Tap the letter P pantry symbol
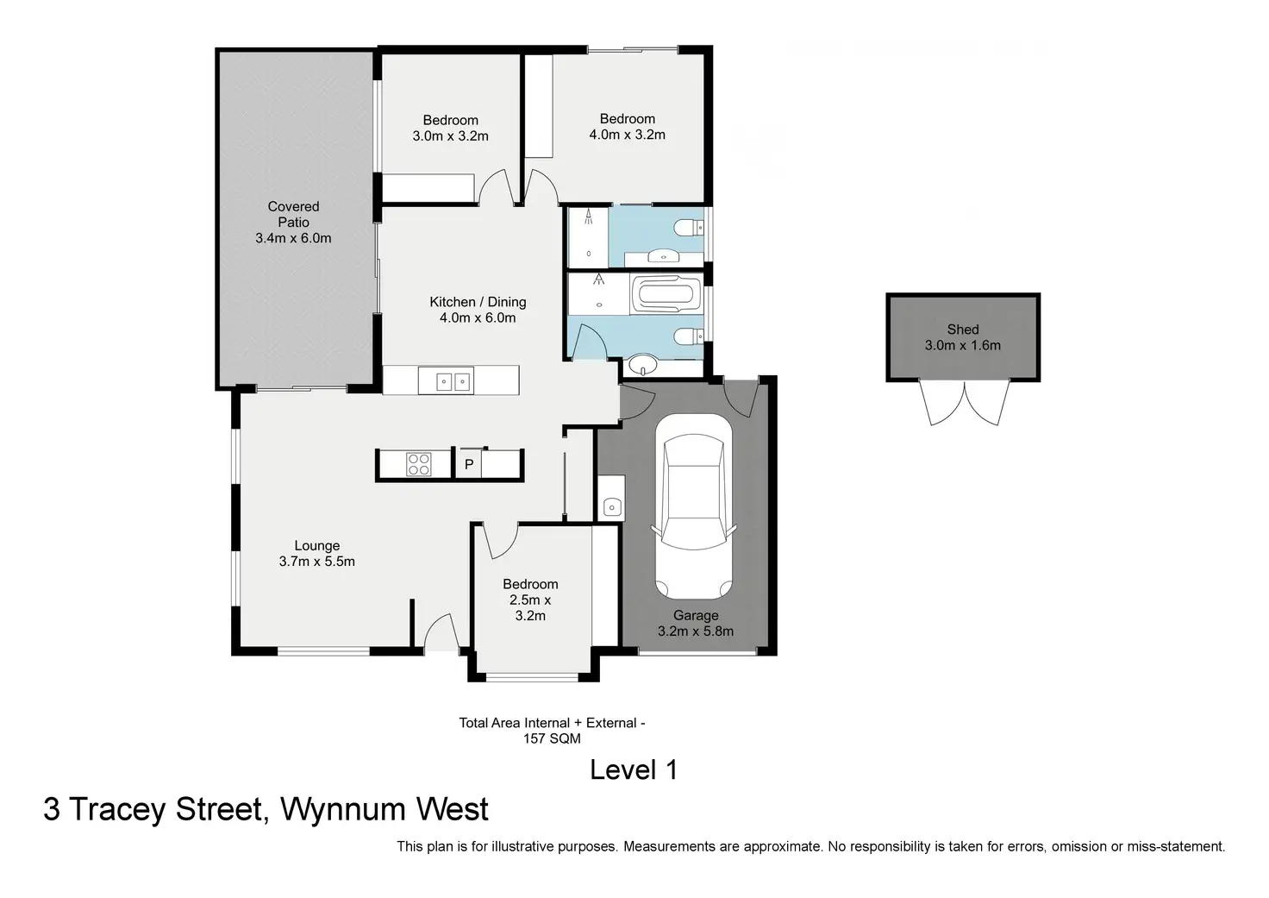click(x=469, y=464)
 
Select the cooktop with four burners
click(x=418, y=464)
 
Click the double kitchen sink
click(x=446, y=380)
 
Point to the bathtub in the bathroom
click(x=662, y=294)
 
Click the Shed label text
click(x=962, y=330)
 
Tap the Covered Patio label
click(x=293, y=214)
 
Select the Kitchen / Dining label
click(x=478, y=302)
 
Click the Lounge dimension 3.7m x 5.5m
click(x=316, y=562)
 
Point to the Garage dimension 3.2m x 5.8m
click(x=696, y=631)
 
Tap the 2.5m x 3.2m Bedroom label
click(x=530, y=600)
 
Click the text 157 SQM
click(x=552, y=738)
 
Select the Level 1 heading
click(x=634, y=770)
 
